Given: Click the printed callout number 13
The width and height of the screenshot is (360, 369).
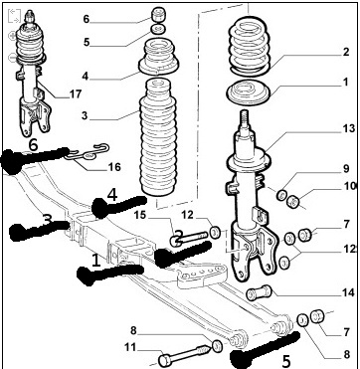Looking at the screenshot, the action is (348, 128).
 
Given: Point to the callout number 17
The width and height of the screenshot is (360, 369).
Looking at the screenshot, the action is (76, 94).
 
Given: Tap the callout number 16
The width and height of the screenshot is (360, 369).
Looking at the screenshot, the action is (114, 167).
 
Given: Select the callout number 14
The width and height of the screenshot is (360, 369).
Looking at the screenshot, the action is (348, 292).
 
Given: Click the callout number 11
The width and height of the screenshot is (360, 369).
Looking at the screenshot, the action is (130, 347).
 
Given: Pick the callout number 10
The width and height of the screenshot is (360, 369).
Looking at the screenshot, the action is (350, 186).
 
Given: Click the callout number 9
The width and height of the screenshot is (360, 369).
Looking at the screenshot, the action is (346, 169).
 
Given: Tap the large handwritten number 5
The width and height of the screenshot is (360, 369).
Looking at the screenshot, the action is (285, 361).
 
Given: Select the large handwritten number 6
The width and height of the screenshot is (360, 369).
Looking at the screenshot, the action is (34, 145).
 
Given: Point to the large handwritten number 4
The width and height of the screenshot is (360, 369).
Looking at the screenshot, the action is (112, 195).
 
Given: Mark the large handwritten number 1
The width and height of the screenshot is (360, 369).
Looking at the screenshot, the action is (95, 261).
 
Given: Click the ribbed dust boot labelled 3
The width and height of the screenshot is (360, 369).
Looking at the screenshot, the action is (158, 137).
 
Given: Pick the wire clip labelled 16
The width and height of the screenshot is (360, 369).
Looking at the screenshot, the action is (88, 152).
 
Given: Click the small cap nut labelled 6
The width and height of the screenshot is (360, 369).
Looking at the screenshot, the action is (158, 15).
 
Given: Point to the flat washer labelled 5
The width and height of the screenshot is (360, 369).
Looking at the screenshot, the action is (158, 30).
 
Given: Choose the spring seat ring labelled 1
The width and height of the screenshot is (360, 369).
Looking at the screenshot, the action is (249, 92).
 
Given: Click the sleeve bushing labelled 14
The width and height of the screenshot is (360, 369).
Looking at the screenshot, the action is (260, 292).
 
